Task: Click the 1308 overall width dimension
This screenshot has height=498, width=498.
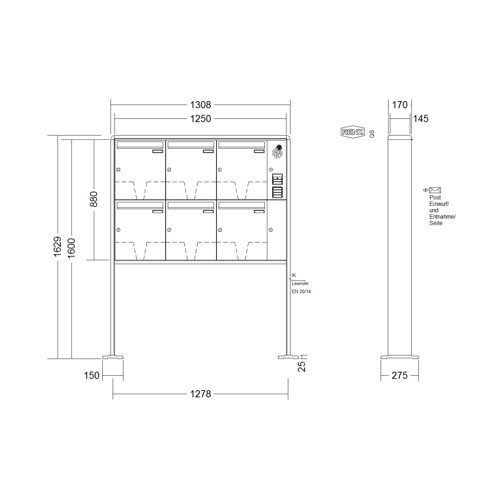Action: [200, 105]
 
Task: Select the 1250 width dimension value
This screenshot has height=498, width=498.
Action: [200, 118]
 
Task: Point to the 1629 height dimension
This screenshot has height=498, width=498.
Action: [57, 247]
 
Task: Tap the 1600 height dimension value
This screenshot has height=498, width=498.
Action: [71, 248]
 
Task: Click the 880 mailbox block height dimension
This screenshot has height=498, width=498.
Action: [94, 199]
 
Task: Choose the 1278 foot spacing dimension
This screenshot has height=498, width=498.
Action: [200, 394]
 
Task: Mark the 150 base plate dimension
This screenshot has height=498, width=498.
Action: [92, 375]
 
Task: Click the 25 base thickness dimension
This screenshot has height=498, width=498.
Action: [302, 366]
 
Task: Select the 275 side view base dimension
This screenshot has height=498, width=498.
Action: [400, 375]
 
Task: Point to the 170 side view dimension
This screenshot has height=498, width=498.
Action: [400, 105]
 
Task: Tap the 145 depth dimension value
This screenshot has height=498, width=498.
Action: [421, 118]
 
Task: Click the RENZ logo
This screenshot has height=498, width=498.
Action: [352, 132]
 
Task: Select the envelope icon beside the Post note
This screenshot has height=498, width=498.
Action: [435, 190]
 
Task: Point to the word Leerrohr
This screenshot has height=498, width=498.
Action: [300, 283]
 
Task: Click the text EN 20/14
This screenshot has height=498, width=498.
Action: [301, 292]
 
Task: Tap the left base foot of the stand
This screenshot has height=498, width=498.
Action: [113, 357]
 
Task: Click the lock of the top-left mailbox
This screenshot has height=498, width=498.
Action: [118, 169]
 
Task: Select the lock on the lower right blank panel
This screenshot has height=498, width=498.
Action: [271, 230]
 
